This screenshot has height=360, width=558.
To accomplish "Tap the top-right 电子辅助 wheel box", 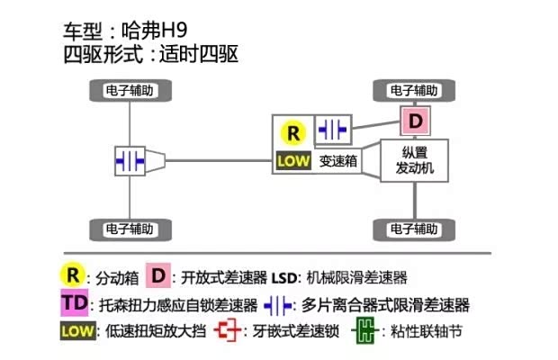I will tap(414, 91).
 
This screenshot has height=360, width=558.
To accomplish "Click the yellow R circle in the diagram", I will tap(293, 133).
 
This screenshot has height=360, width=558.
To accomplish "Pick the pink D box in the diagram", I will tap(414, 119).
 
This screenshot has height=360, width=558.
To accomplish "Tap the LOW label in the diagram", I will tap(293, 163).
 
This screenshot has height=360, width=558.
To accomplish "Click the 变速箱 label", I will tap(338, 163).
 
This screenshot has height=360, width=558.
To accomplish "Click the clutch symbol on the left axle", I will tap(130, 160).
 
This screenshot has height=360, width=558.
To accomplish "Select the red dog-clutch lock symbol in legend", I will tap(228, 331).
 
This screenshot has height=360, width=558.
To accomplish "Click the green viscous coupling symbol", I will tap(364, 331).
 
